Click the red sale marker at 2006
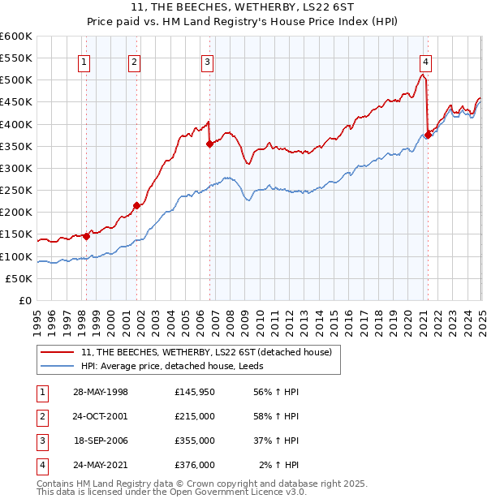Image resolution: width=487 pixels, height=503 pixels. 209,144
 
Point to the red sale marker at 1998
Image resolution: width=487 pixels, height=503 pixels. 86,236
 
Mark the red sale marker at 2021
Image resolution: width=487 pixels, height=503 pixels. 428,135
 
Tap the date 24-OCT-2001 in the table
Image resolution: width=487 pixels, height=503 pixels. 101,416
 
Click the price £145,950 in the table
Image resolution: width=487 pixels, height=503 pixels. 195,392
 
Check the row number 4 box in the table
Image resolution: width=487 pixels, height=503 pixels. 40,465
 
